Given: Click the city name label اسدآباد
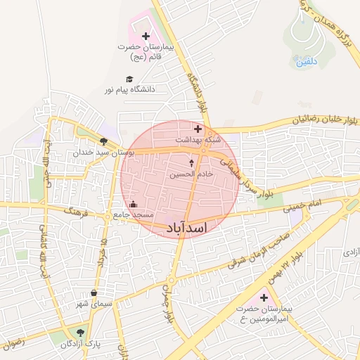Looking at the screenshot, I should (x=186, y=228).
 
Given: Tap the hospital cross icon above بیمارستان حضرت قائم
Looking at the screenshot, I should (x=146, y=36).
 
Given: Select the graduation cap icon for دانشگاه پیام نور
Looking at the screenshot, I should (x=129, y=79).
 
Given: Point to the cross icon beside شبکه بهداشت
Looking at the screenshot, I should (x=198, y=129).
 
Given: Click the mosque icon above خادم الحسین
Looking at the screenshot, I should (x=191, y=162).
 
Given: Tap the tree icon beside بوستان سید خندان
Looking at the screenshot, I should (x=103, y=141).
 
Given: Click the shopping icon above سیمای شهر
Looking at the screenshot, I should (x=95, y=293).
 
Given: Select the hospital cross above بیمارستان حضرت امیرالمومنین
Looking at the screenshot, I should (x=264, y=298).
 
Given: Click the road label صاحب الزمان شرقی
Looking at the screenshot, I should (x=258, y=255).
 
